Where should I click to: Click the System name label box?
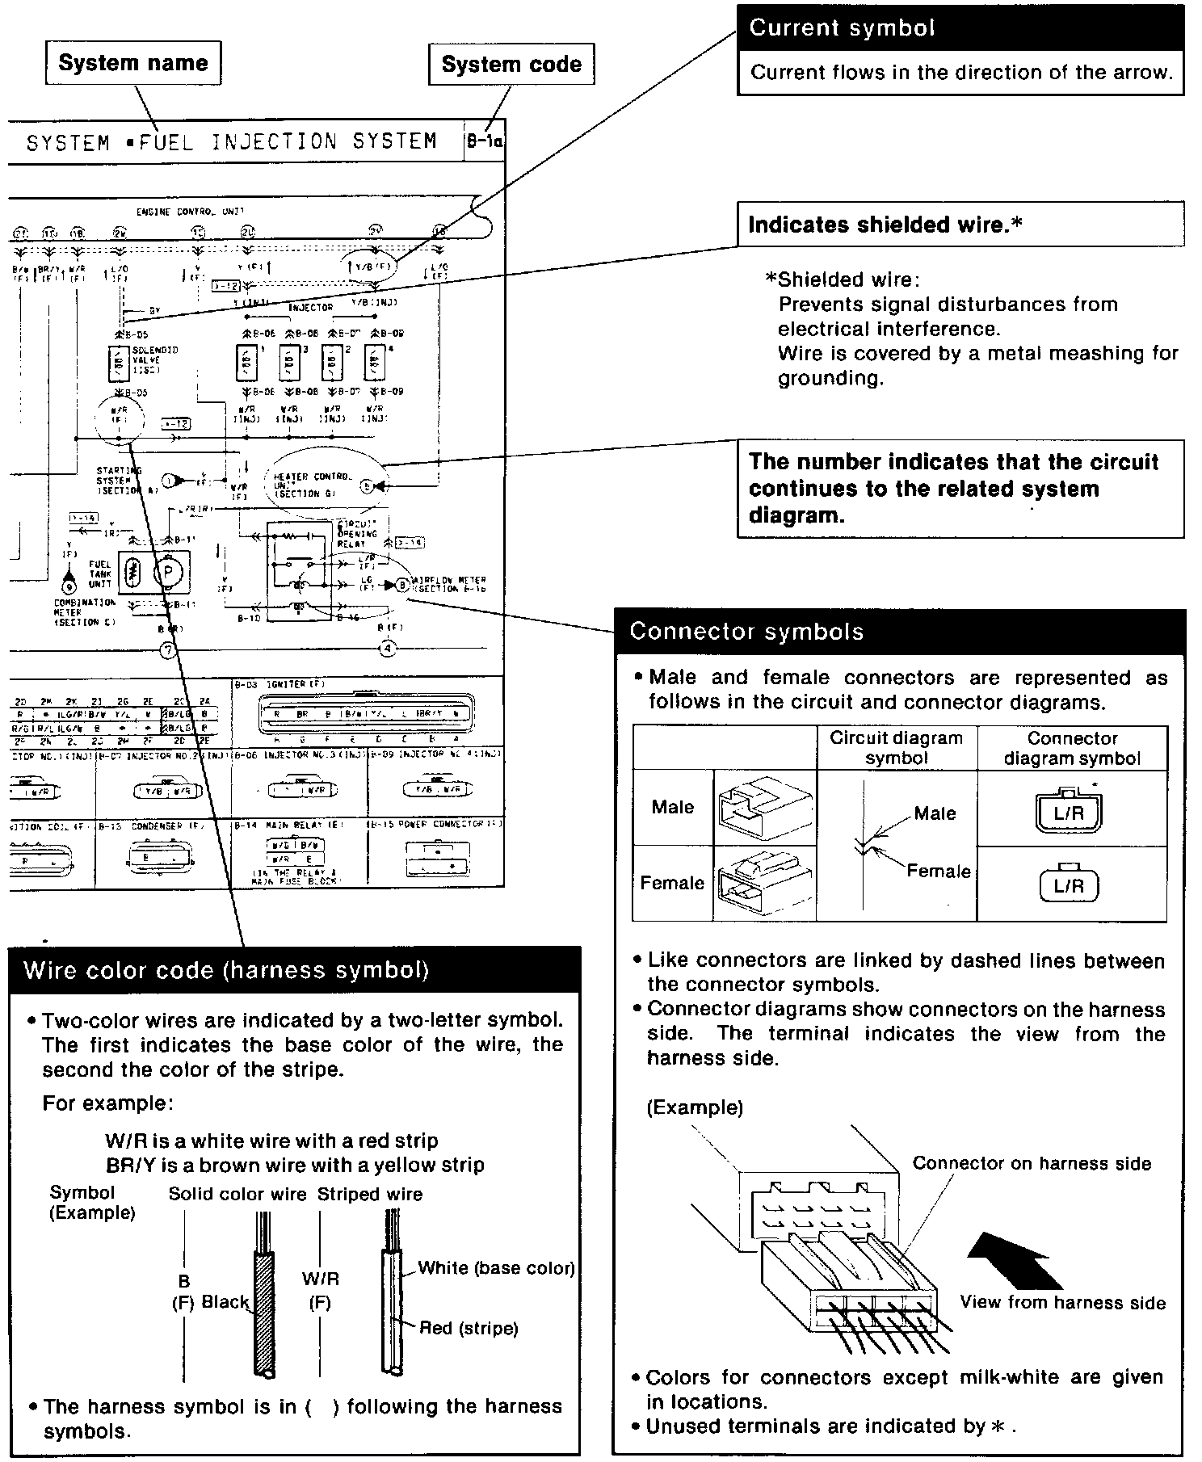[133, 64]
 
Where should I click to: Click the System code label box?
[511, 65]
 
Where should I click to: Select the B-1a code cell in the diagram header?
[485, 141]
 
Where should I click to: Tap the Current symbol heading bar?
[960, 28]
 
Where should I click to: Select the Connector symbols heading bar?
[898, 632]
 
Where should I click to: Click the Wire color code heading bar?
[294, 969]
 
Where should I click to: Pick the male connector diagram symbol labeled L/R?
[1068, 812]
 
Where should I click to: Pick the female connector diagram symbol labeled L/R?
[1068, 884]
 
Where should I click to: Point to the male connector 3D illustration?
[764, 808]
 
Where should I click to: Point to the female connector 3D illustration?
[764, 884]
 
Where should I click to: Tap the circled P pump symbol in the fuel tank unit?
[170, 573]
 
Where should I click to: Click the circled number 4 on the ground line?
[389, 648]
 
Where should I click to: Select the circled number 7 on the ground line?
[168, 649]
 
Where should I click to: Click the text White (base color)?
[496, 1268]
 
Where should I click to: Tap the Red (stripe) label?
[469, 1328]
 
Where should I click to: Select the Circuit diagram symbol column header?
[896, 748]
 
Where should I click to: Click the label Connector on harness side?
[1032, 1163]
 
